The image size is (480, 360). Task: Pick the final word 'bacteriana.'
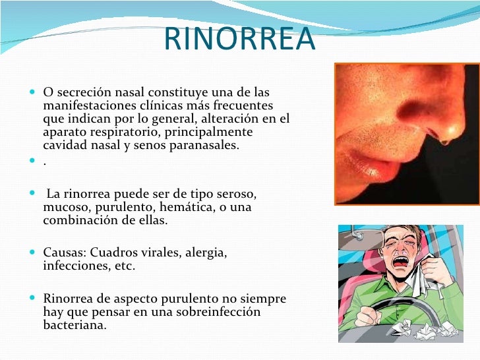(x=74, y=324)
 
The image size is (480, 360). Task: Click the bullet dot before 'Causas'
(x=34, y=253)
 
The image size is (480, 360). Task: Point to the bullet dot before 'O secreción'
(x=34, y=92)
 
